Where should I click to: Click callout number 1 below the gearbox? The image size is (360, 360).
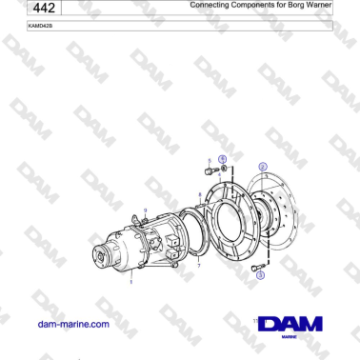tap(131, 283)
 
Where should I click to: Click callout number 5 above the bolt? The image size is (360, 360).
tap(209, 161)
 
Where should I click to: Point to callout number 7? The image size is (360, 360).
tap(197, 269)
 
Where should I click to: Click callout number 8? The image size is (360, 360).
tap(198, 194)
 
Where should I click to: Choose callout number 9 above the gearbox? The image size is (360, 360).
tap(146, 209)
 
